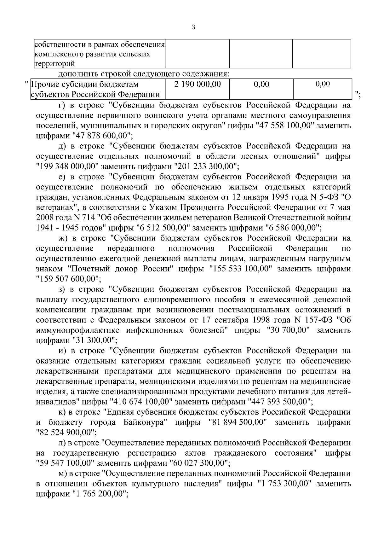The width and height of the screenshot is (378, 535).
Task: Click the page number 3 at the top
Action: pos(193,27)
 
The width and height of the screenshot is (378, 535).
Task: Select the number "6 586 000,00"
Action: pos(294,228)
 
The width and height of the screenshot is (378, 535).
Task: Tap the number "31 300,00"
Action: pos(95,340)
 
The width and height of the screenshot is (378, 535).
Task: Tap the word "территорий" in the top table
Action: pos(54,63)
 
